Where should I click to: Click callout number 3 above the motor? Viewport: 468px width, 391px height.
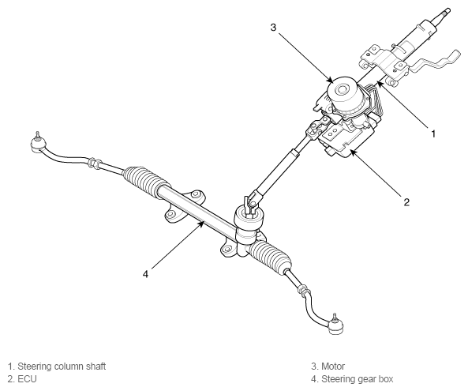tap(272, 28)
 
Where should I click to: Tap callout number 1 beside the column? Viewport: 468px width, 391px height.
tap(433, 135)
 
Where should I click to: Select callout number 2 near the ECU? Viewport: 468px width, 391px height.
tap(406, 202)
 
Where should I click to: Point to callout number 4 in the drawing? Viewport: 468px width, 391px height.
tap(145, 274)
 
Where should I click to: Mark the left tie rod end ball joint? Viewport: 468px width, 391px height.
tap(35, 142)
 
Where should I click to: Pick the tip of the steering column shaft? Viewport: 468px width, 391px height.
tap(447, 10)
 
